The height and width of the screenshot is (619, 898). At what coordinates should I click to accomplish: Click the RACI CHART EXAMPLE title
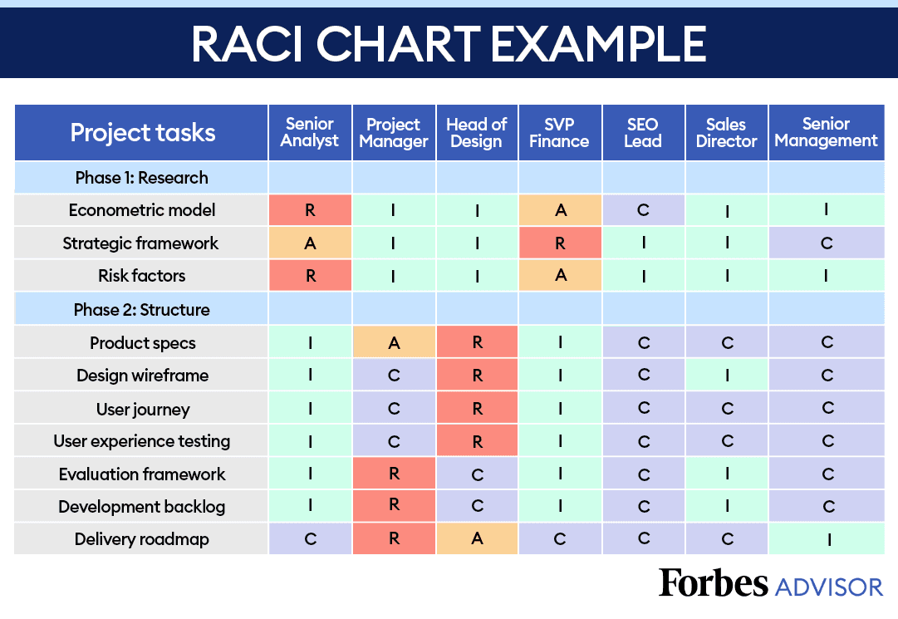(449, 42)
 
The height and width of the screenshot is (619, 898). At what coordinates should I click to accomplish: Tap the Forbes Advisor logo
(770, 584)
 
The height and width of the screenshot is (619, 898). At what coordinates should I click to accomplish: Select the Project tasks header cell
(142, 133)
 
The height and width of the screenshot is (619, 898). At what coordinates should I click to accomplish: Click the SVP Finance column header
(560, 133)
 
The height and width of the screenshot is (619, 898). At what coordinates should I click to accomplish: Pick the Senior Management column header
(826, 133)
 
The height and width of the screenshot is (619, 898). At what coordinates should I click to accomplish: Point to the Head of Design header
(477, 133)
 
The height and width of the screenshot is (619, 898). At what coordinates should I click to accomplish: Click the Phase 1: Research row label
(142, 178)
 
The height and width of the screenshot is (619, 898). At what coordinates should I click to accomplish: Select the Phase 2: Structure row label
(142, 310)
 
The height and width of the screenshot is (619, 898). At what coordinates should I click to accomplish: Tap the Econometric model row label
(142, 210)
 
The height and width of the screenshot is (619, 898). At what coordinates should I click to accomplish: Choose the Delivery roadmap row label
(142, 539)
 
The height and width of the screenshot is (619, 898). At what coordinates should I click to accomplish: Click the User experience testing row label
(142, 441)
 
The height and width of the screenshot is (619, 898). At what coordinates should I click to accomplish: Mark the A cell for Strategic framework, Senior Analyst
(310, 243)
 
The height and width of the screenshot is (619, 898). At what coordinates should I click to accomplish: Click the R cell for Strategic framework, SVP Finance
(560, 243)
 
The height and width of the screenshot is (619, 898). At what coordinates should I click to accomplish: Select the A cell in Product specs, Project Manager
(394, 342)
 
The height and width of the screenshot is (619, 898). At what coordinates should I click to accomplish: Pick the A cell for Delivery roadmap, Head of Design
(477, 539)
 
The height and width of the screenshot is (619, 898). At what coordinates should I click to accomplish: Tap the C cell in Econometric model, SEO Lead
(643, 210)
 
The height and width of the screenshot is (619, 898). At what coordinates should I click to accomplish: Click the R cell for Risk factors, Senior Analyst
(310, 276)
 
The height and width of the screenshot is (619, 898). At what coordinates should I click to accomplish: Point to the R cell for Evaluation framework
(394, 474)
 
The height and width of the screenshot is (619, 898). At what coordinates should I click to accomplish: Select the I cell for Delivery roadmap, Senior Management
(826, 539)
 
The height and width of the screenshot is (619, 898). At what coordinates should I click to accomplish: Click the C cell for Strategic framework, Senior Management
(826, 243)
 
